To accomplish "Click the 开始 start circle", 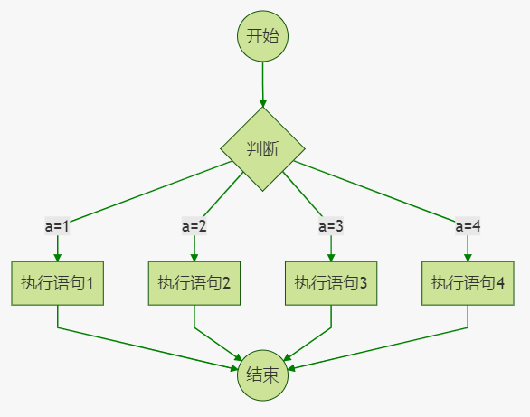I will pos(262,36).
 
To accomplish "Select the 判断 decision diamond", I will pos(263,149).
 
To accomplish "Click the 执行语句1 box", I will pos(58,283).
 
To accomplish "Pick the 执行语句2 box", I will pos(194,283).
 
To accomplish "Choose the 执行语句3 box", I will pos(331,283).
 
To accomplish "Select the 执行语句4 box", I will pos(468,283).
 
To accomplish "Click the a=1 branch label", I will pos(58,225).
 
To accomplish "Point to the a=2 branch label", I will pos(194,225).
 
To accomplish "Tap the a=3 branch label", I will pos(331,225).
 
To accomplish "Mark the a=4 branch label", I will pos(468,225).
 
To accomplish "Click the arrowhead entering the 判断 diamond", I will pos(263,102).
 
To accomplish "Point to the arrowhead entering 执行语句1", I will pos(58,256).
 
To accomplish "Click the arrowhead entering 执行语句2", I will pos(194,256).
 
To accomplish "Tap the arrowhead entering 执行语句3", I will pos(331,256).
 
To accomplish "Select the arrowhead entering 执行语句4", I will pos(468,256).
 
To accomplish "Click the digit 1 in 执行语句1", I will pos(90,283).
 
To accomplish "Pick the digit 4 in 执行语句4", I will pos(500,283).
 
